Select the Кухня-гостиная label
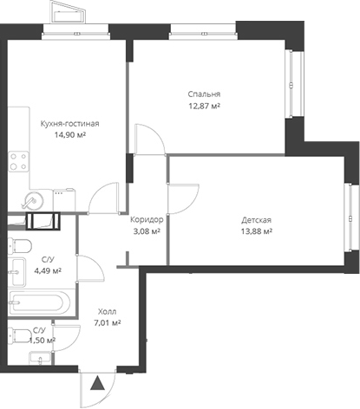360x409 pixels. click(x=63, y=123)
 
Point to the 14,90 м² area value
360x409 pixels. click(x=63, y=135)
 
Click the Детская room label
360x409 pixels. click(x=257, y=219)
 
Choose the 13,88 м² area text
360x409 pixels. click(x=257, y=231)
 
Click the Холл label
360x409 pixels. click(x=107, y=311)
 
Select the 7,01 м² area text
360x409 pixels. click(x=107, y=323)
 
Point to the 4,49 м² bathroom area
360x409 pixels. click(x=47, y=270)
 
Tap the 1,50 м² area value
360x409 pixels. click(x=41, y=341)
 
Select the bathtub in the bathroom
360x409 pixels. click(x=40, y=304)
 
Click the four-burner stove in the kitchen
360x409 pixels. click(x=15, y=160)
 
